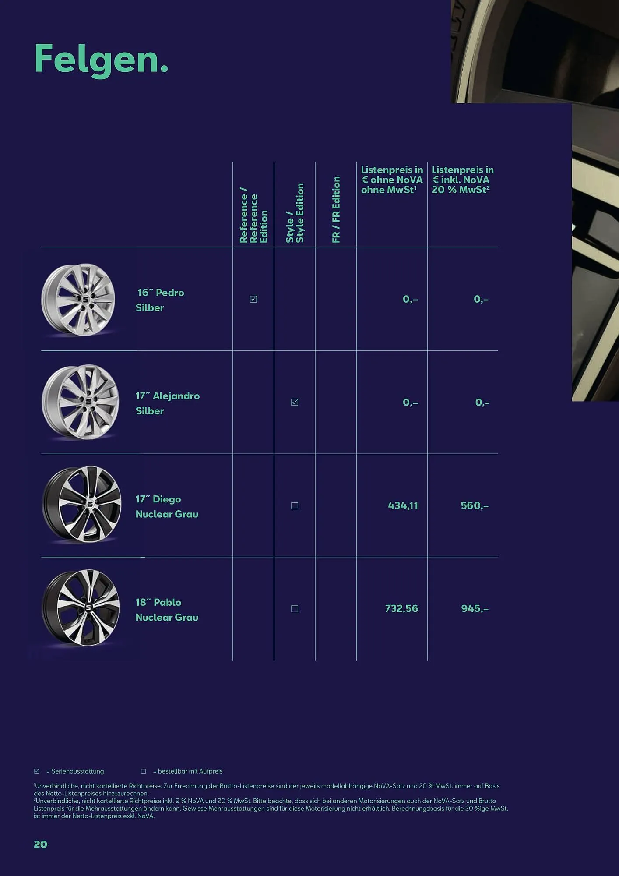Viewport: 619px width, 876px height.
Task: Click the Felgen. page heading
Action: pos(101,60)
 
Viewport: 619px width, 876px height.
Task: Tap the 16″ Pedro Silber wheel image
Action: pos(78,300)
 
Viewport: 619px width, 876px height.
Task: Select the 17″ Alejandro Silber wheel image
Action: pos(81,403)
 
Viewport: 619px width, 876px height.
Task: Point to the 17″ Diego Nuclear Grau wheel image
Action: pos(82,505)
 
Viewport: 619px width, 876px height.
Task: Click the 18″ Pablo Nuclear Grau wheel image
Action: pos(81,608)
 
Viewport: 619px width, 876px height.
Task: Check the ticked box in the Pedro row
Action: pos(253,299)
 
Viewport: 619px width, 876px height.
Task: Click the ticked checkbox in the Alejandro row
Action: pos(295,403)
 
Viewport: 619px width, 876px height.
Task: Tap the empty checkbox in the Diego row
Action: pos(295,505)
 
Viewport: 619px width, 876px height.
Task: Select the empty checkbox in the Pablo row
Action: pos(295,609)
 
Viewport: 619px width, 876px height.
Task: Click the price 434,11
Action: pos(403,505)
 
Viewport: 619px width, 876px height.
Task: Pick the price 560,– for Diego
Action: pos(475,505)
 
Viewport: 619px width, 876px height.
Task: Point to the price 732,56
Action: pos(401,608)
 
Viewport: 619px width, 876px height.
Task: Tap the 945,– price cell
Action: pos(475,608)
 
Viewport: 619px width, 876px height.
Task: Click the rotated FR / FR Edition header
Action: pos(336,209)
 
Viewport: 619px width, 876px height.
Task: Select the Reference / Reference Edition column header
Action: pos(253,215)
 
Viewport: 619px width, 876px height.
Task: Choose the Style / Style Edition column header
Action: pos(295,213)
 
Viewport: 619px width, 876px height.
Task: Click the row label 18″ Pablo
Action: pos(158,602)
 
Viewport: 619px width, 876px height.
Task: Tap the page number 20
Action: pos(40,844)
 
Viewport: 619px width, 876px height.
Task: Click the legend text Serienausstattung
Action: pos(77,771)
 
